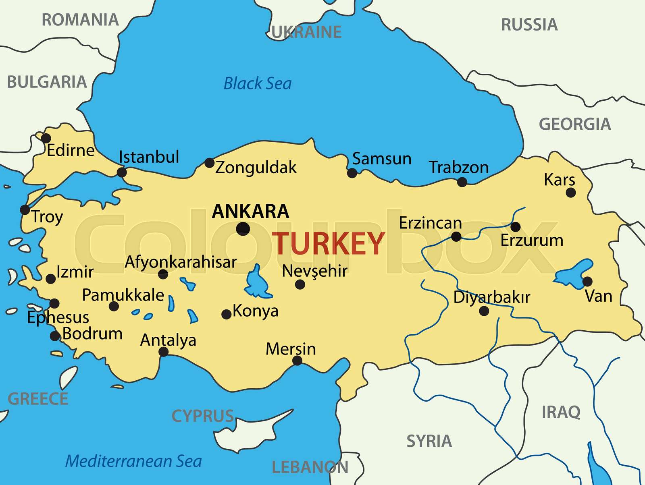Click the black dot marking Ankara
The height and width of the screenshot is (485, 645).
[243, 229]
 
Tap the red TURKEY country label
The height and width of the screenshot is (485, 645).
[329, 244]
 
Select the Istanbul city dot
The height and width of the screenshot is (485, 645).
[121, 172]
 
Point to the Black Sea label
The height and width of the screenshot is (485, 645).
[257, 84]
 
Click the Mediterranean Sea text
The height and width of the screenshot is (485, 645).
[133, 461]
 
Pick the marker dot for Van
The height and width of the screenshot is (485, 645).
[587, 281]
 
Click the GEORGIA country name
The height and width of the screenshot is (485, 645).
[574, 124]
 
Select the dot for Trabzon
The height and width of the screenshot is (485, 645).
[462, 182]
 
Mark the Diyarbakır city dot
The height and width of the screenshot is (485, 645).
[484, 311]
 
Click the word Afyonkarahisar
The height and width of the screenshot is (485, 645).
[181, 262]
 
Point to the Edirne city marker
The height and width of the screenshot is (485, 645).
[46, 138]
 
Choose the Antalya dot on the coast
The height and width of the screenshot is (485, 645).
[163, 352]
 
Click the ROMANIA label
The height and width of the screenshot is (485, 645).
[80, 20]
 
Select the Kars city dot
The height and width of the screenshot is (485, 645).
[570, 193]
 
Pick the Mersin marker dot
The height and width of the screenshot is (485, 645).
[297, 361]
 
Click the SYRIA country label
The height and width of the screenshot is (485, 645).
[429, 441]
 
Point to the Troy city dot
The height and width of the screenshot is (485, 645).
[25, 209]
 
